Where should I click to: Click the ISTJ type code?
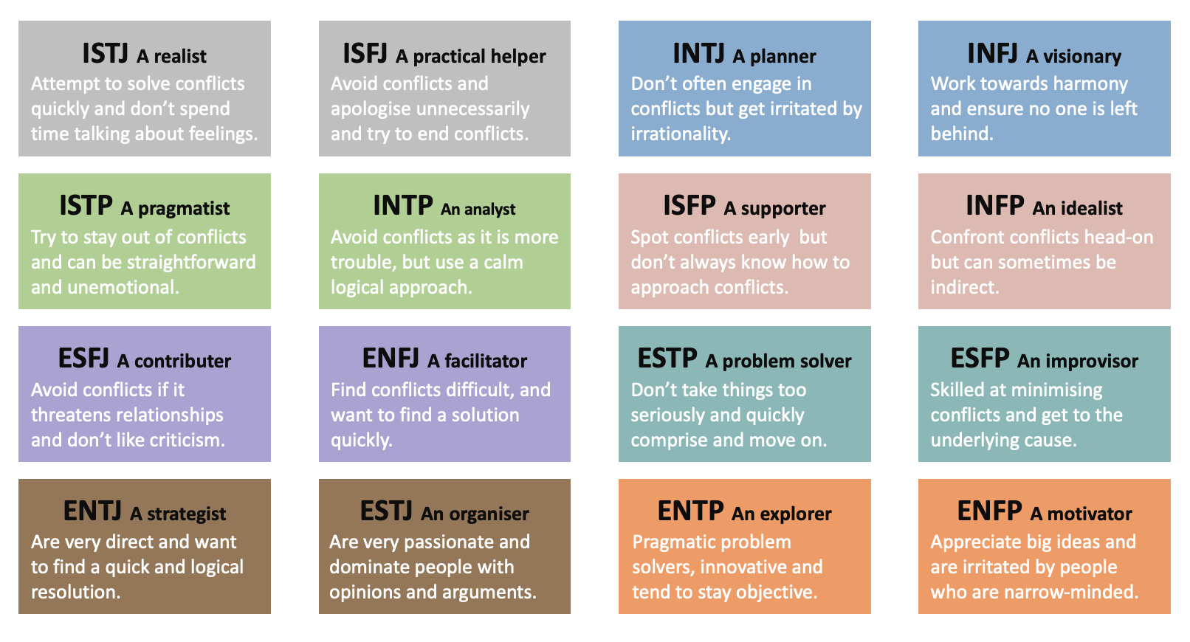coord(105,54)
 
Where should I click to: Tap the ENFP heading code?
coord(989,511)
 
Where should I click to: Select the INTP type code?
coord(402,205)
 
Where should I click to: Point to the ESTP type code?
coord(667,359)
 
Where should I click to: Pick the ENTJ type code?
coord(92,511)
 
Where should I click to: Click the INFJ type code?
coord(992,54)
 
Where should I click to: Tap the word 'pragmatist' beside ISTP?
coord(184,209)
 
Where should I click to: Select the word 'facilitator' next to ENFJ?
coord(486,361)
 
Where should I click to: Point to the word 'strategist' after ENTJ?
coord(187,514)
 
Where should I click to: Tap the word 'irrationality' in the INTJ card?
coord(681,134)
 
